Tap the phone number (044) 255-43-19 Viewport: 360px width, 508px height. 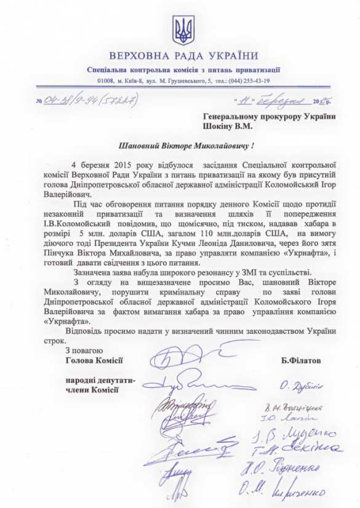pyautogui.click(x=245, y=81)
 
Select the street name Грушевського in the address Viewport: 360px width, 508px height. pyautogui.click(x=190, y=81)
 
